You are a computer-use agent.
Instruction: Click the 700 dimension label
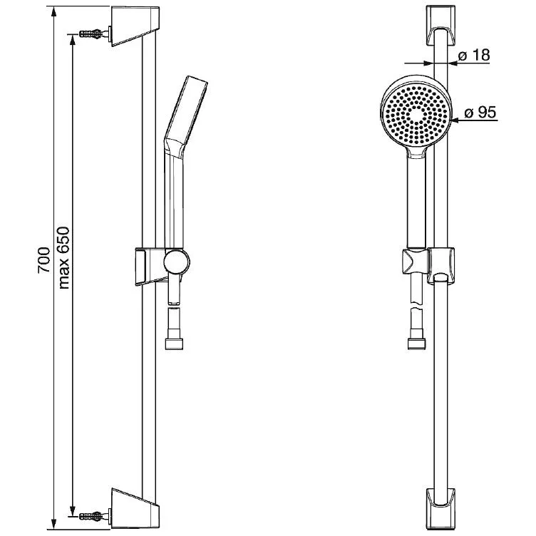(x=44, y=259)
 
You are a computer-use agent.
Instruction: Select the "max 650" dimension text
(x=64, y=258)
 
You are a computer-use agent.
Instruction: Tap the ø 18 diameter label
(x=474, y=55)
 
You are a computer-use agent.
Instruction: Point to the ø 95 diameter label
(x=480, y=112)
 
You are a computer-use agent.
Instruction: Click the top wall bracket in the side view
(x=135, y=26)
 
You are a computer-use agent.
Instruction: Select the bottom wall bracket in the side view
(x=135, y=510)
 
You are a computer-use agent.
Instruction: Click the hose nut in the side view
(x=174, y=344)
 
